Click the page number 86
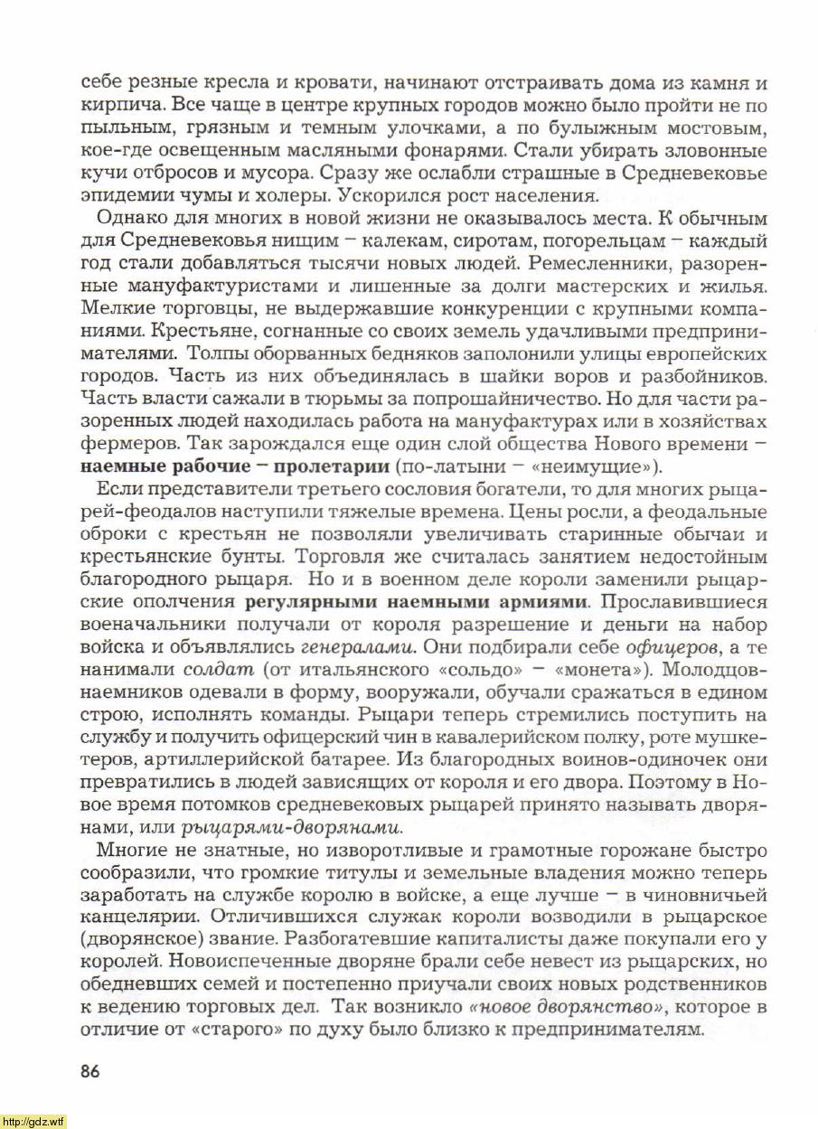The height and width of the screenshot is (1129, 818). [89, 1072]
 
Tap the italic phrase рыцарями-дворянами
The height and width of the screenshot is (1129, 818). [292, 827]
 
